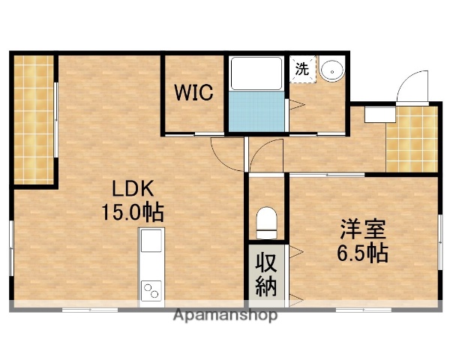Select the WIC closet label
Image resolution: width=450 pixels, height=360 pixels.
[194, 93]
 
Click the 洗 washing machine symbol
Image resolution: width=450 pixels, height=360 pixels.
[301, 68]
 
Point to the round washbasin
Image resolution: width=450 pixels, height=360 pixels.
[330, 70]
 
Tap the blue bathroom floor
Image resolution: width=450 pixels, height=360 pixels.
[256, 111]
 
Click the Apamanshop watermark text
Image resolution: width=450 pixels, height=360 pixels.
[224, 315]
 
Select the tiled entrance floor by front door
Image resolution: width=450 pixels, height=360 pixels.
[412, 139]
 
